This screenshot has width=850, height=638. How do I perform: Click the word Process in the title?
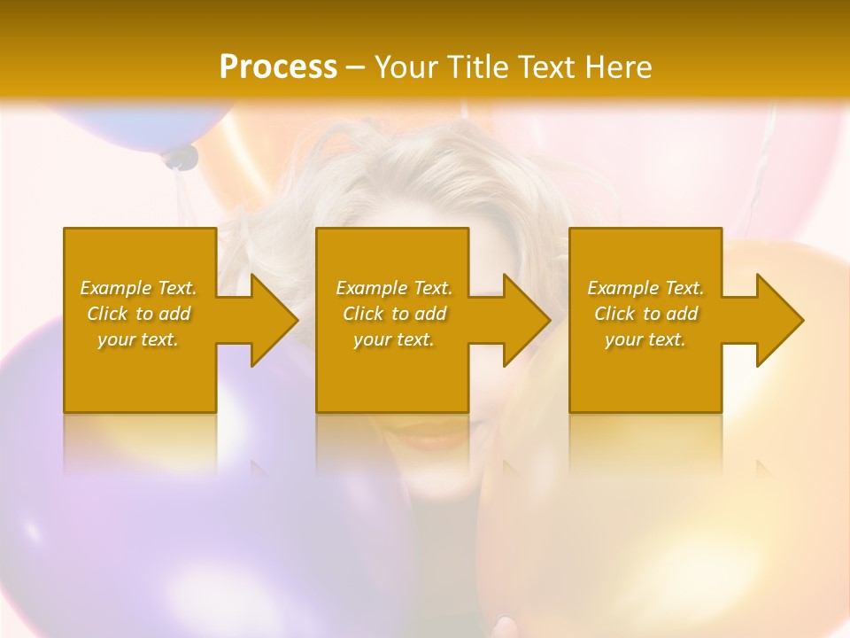tap(278, 66)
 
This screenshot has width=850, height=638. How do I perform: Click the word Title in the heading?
tap(475, 66)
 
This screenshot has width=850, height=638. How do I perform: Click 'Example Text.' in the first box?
tap(138, 288)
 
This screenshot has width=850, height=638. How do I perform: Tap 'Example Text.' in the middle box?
tap(394, 288)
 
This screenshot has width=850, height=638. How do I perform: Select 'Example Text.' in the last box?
tap(645, 288)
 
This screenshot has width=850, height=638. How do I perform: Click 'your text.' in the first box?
tap(138, 339)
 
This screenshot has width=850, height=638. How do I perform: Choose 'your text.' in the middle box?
tap(394, 339)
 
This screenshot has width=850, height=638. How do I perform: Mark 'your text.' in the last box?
tap(645, 339)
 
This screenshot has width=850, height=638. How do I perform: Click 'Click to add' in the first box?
tap(138, 314)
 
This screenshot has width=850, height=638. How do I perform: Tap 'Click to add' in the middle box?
tap(394, 314)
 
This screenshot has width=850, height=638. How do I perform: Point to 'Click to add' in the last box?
tap(645, 314)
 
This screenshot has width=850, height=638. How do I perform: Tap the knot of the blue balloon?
tap(181, 158)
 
